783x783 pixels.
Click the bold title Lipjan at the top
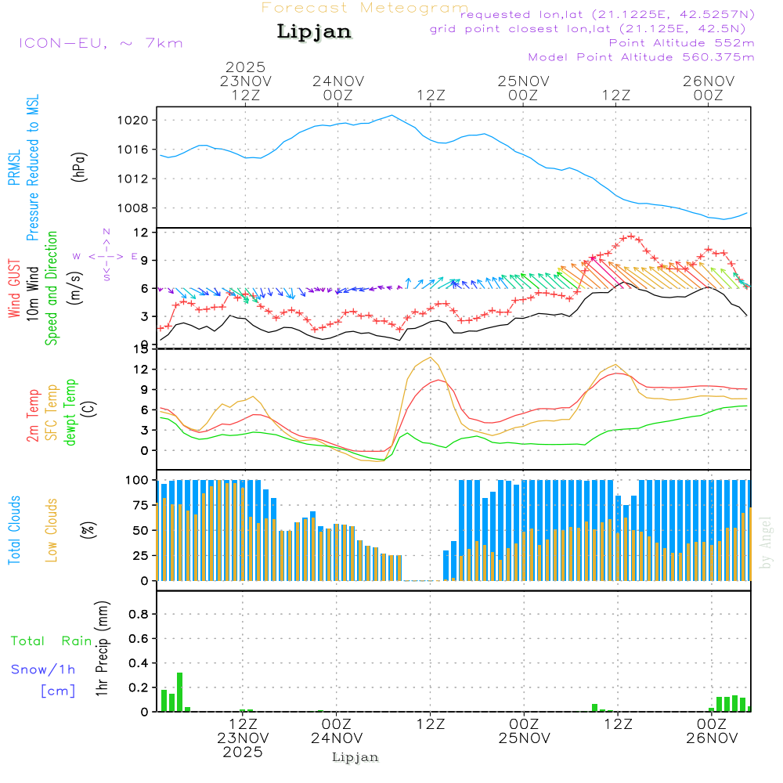pos(314,32)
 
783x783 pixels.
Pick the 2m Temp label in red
pos(33,416)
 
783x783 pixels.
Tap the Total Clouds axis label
pos(15,530)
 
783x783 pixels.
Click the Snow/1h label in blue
pos(44,669)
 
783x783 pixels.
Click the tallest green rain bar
pos(179,691)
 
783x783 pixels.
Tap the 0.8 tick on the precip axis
pos(138,615)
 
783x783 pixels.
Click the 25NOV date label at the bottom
pos(523,738)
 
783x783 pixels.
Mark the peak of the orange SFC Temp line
pos(430,357)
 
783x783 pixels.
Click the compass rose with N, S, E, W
pos(106,255)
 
